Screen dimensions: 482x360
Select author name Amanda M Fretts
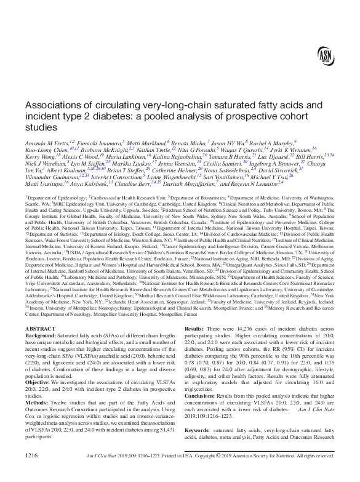(x=47, y=142)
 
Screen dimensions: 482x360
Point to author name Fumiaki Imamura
(x=99, y=142)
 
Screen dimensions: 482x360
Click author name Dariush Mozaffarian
(x=188, y=183)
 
